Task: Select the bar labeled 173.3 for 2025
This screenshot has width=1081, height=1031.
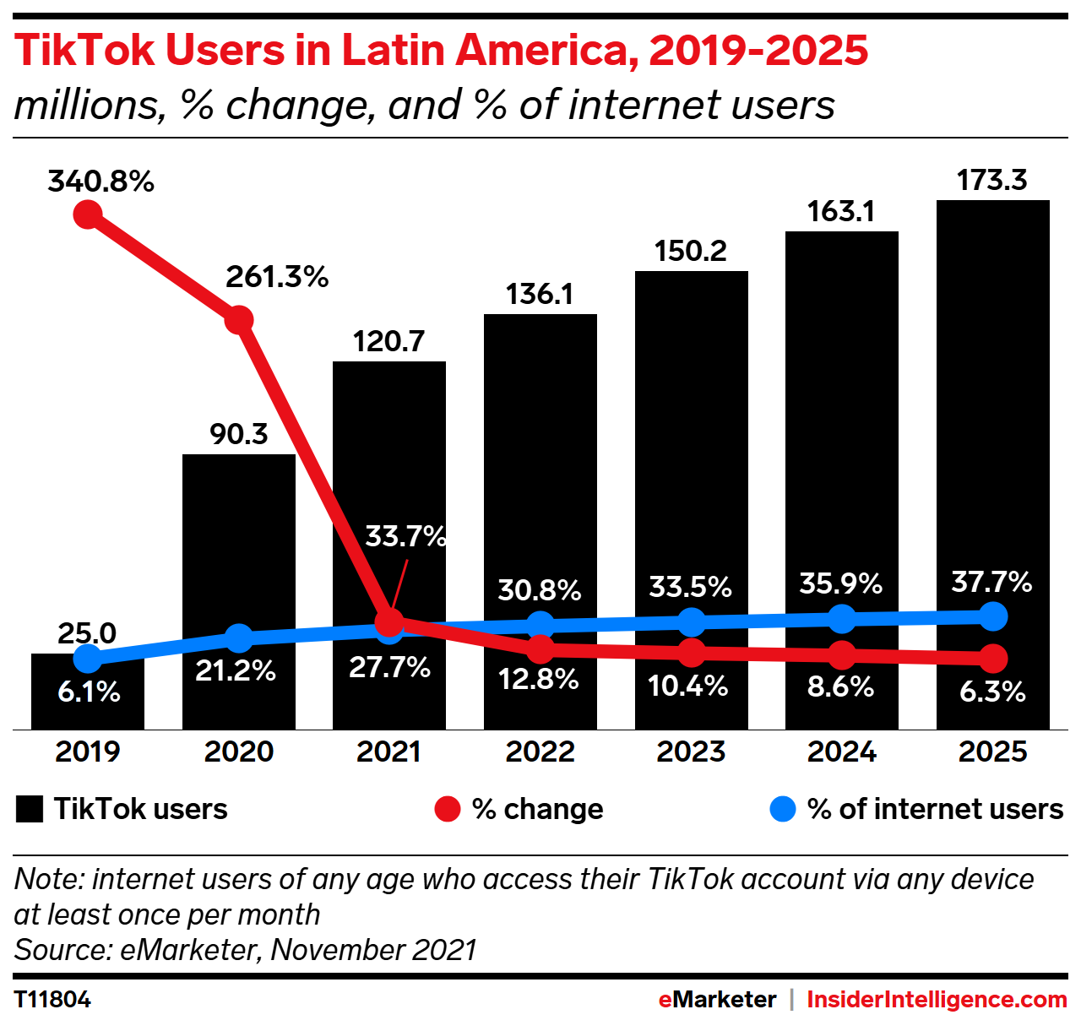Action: click(x=992, y=422)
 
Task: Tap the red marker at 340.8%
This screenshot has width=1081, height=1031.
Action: click(x=88, y=214)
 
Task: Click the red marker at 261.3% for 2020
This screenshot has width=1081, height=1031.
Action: click(x=239, y=320)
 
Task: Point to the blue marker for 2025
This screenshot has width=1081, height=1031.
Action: click(x=993, y=616)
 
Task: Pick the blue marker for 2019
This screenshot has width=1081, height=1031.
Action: click(x=88, y=658)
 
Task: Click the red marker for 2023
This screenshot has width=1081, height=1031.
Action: click(x=692, y=652)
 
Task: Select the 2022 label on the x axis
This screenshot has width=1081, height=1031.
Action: click(x=540, y=752)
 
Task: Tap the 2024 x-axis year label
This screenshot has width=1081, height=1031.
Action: click(x=841, y=752)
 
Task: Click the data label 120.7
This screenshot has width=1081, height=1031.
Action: click(x=388, y=341)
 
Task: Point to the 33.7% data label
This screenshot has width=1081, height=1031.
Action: click(x=405, y=536)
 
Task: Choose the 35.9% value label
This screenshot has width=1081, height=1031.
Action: click(x=841, y=583)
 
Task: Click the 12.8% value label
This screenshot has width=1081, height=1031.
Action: click(x=539, y=679)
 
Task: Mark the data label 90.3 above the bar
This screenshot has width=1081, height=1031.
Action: click(x=239, y=434)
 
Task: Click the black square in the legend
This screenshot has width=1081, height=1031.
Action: click(x=30, y=809)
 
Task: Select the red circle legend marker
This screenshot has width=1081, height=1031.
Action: click(x=447, y=809)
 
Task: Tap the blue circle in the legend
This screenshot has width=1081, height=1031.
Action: click(x=783, y=809)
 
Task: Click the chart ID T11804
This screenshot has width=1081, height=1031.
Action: click(x=52, y=1000)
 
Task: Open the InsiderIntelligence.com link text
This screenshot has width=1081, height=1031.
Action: click(x=937, y=1000)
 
